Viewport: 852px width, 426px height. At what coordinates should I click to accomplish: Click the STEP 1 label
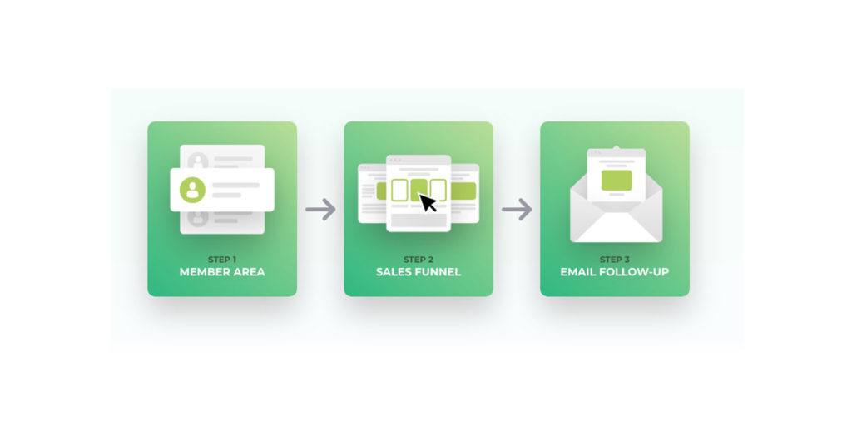tap(221, 260)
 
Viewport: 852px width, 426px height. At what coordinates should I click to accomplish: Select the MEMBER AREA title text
tap(222, 272)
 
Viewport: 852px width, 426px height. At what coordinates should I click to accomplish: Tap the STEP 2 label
tap(419, 260)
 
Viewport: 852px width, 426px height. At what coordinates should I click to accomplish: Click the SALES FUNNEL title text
tap(419, 272)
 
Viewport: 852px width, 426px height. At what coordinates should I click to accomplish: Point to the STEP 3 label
tap(615, 260)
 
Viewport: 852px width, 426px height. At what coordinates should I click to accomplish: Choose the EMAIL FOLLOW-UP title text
tap(615, 272)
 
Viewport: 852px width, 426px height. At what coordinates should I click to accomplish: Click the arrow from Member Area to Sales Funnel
tap(320, 209)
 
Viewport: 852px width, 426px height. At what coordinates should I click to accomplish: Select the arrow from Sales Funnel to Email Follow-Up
tap(517, 209)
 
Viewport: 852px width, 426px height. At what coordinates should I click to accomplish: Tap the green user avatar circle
tap(192, 190)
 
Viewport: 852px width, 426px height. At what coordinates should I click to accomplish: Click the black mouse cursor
tap(428, 203)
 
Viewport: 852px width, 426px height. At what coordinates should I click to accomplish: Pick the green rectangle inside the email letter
tap(617, 180)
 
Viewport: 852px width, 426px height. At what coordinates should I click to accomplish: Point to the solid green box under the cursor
tap(419, 190)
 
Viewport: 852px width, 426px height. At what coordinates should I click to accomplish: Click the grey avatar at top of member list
tap(198, 161)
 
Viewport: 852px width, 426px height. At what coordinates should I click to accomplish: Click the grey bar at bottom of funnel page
tap(419, 220)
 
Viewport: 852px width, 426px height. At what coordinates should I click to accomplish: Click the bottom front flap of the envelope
tap(617, 230)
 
